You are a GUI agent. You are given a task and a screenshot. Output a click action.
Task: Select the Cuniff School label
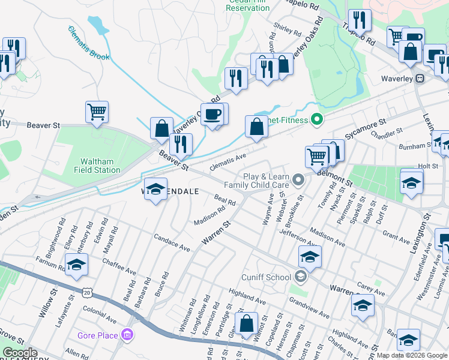point(266,277)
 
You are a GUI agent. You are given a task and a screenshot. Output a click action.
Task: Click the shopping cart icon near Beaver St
point(97,111)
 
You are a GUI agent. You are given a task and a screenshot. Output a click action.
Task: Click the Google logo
point(20,353)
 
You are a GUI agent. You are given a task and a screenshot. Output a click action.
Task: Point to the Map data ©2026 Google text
point(412,355)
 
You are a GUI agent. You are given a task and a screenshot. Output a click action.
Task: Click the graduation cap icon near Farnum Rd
point(77,265)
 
